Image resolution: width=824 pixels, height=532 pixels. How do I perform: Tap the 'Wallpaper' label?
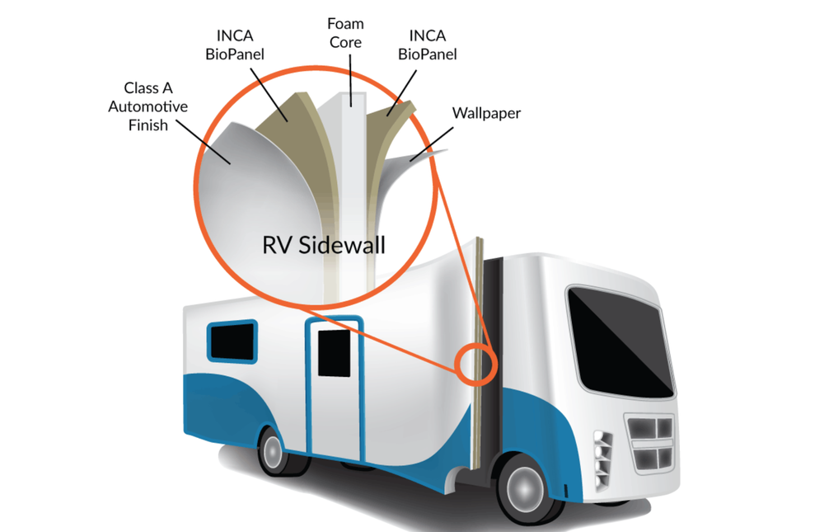[486, 113]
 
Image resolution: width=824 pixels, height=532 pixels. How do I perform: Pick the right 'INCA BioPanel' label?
[427, 45]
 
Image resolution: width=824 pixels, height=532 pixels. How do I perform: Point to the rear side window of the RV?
[232, 341]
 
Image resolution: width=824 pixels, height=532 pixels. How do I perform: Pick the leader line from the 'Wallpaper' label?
[435, 140]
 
